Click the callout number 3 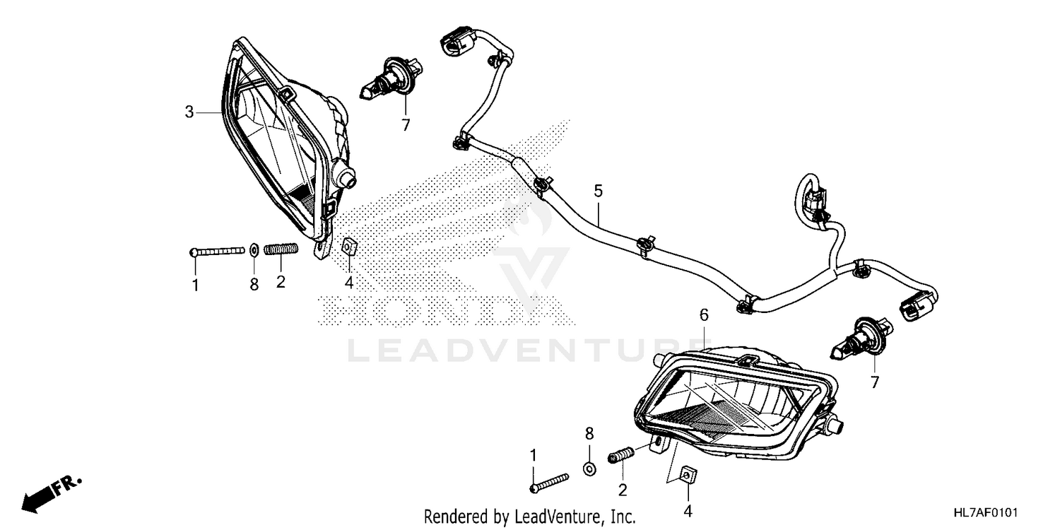(189, 112)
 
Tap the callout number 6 (703, 315)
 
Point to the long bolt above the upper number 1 (219, 251)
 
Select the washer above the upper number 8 (254, 249)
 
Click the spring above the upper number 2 (281, 249)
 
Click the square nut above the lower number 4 (685, 475)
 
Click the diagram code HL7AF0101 (989, 511)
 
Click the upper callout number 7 (406, 125)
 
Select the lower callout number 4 (688, 510)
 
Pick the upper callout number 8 (254, 284)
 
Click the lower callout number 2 (623, 489)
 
